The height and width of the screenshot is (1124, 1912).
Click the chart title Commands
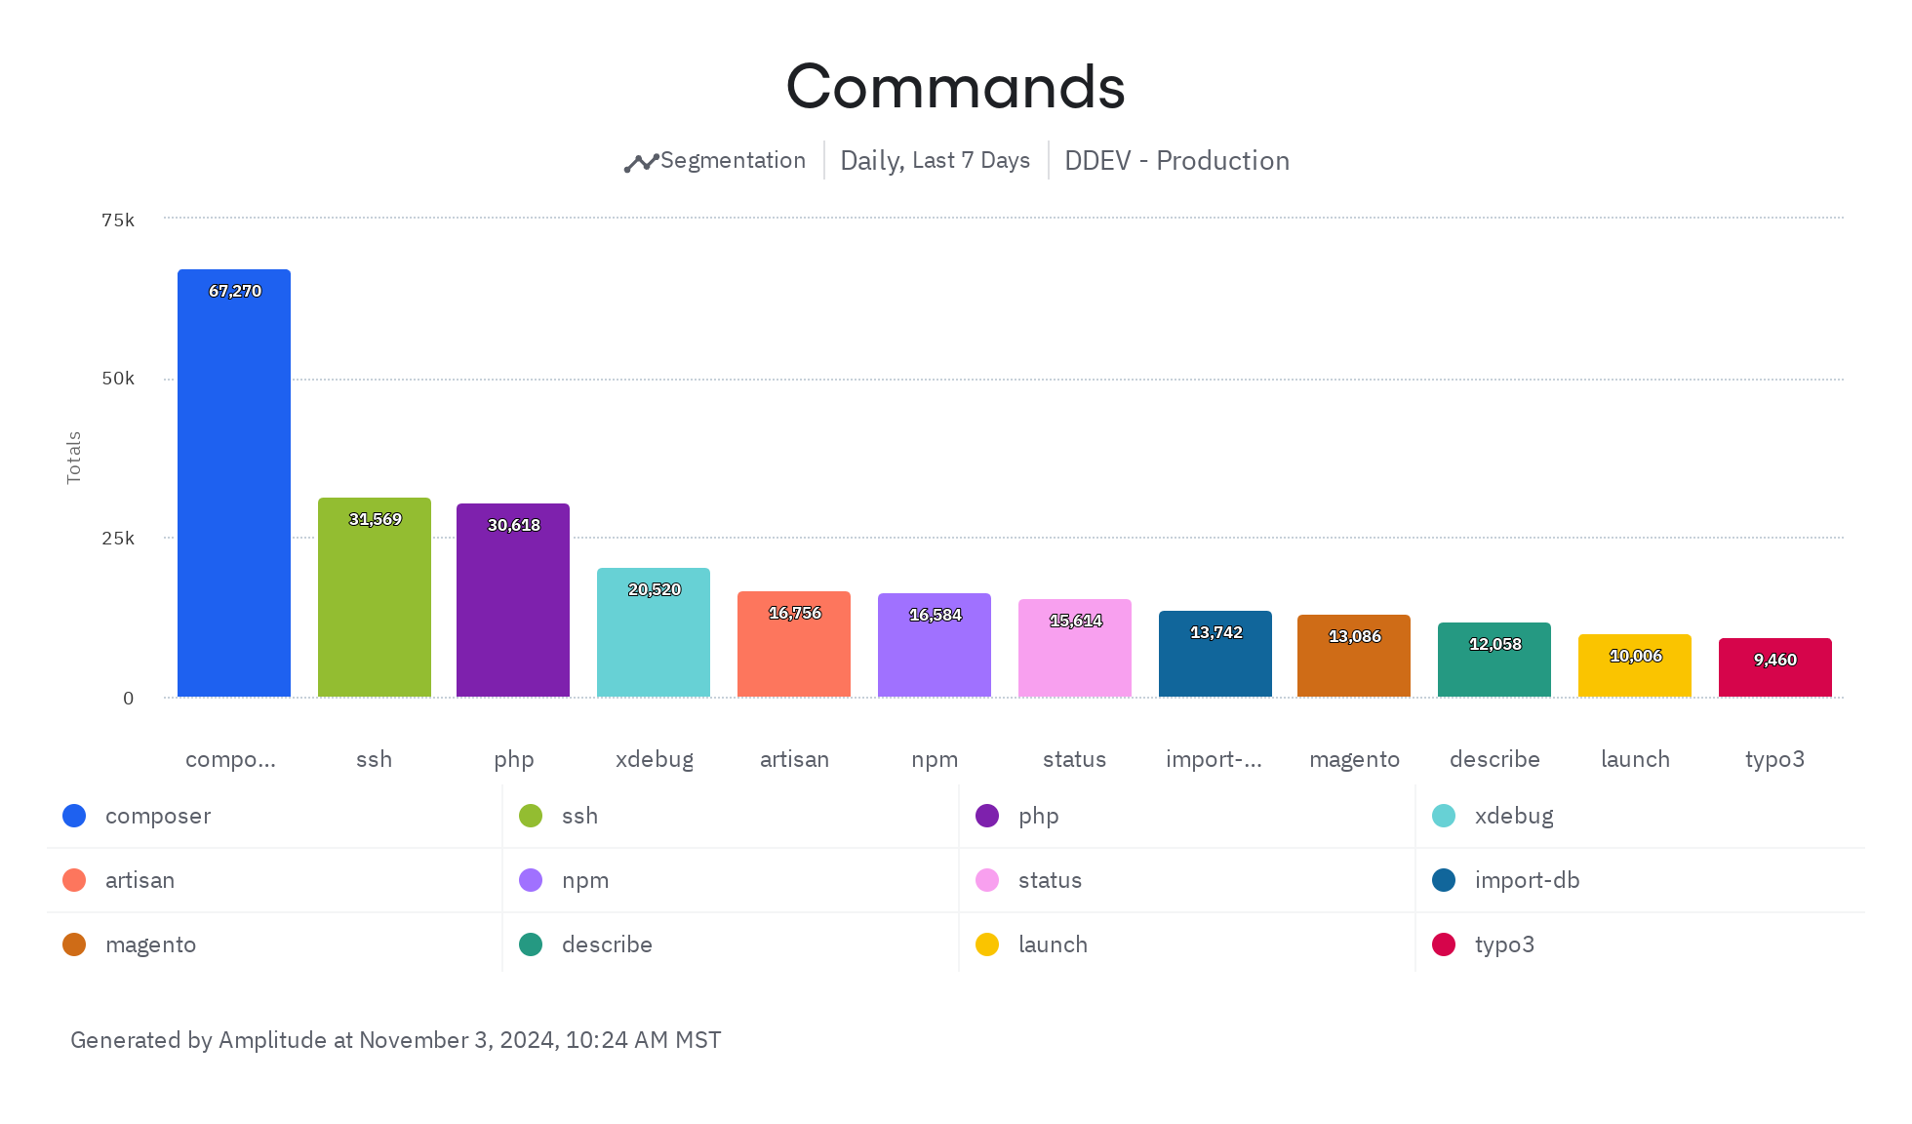(x=955, y=87)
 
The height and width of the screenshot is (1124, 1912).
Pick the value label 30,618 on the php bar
(x=514, y=525)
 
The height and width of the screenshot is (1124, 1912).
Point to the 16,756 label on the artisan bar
(x=795, y=613)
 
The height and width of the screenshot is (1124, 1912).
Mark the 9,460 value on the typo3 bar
(x=1775, y=660)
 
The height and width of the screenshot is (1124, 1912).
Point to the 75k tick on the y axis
(x=118, y=221)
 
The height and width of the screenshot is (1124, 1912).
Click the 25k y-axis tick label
(x=118, y=539)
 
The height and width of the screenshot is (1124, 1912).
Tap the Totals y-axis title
(x=74, y=457)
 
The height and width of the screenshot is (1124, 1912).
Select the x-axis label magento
(x=1354, y=759)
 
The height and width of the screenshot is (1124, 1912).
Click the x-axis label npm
(x=935, y=759)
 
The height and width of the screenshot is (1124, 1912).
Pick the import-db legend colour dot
(x=1444, y=880)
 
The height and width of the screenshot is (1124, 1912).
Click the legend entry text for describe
(x=607, y=944)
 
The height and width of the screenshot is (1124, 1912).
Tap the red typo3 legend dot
(x=1444, y=944)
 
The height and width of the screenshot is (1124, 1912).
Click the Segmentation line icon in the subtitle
(x=641, y=163)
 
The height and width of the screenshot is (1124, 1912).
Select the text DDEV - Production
(x=1176, y=161)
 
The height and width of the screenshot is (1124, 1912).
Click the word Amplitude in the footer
(x=272, y=1040)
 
